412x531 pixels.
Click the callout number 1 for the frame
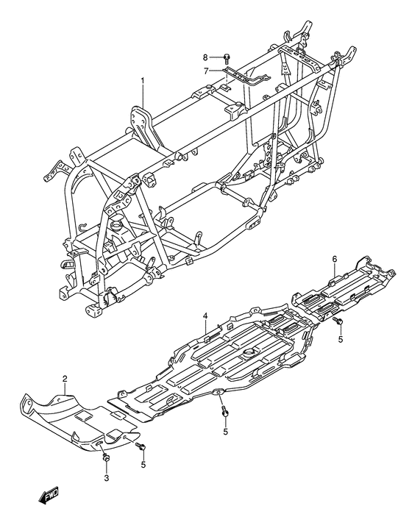(x=143, y=81)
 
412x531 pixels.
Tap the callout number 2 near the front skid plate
(x=65, y=379)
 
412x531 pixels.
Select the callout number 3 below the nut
(x=107, y=478)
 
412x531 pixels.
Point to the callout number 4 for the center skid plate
(x=205, y=316)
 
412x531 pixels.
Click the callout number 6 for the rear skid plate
(x=335, y=260)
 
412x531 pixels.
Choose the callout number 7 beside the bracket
(x=206, y=72)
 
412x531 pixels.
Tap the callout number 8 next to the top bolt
(x=205, y=57)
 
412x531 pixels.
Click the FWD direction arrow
(x=48, y=496)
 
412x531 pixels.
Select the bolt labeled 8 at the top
(x=227, y=58)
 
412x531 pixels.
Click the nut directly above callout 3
(x=106, y=458)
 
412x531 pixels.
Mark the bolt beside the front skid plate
(x=141, y=447)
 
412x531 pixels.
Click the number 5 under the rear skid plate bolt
(x=341, y=339)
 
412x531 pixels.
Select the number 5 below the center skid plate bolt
(x=225, y=432)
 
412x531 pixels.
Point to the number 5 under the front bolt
(x=143, y=465)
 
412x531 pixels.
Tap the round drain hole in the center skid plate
(x=250, y=352)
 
